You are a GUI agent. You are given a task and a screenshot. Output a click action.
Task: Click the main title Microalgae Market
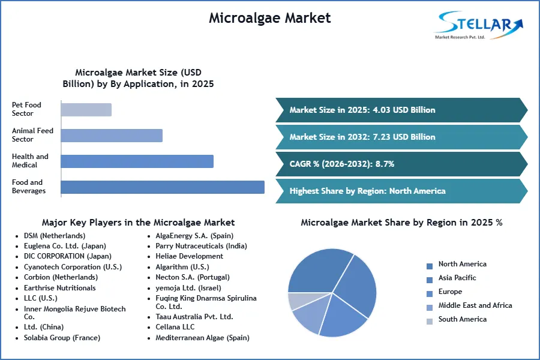[x=269, y=18]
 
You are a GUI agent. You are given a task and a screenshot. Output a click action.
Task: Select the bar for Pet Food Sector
[x=86, y=109]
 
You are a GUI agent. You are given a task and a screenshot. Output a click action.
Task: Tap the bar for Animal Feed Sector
[x=112, y=135]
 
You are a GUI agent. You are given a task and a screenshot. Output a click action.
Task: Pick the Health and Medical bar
[x=137, y=161]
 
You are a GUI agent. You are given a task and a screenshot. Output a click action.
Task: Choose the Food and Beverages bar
[x=163, y=187]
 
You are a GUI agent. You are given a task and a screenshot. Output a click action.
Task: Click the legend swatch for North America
[x=430, y=265]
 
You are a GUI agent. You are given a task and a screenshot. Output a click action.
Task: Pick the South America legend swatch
[x=430, y=320]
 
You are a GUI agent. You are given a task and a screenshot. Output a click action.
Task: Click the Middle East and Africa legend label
[x=475, y=305]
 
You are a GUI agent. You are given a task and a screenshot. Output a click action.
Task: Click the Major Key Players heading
[x=138, y=223]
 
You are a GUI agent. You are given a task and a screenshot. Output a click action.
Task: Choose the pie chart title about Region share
[x=401, y=223]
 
